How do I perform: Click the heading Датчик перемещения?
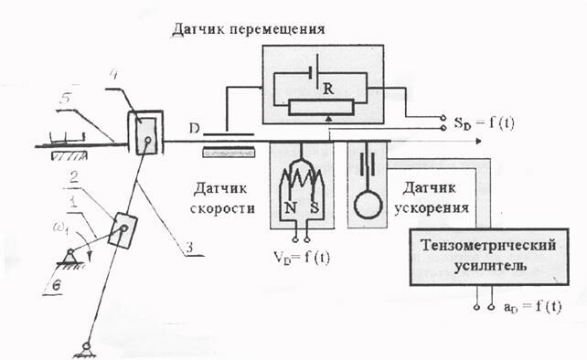pos(248,30)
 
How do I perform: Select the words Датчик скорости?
pos(224,198)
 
